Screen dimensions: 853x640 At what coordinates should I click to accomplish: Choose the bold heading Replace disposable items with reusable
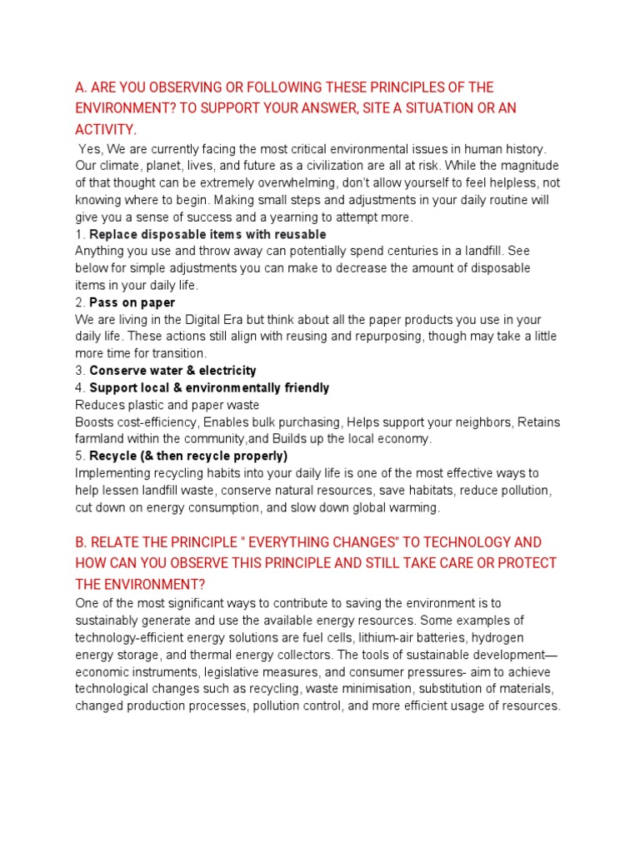tap(207, 234)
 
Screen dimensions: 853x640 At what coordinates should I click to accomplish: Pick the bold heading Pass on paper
tap(132, 302)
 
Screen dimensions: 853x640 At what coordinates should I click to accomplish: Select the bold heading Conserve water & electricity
tap(172, 371)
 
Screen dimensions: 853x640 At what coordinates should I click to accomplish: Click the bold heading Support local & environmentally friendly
tap(208, 387)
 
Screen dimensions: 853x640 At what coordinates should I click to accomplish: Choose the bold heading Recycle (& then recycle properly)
tap(187, 456)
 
